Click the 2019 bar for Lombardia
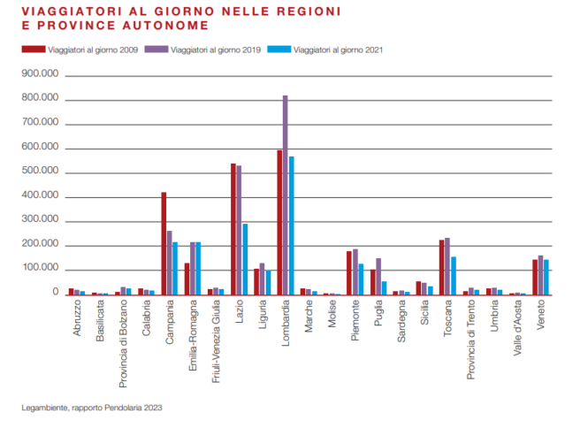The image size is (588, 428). tap(285, 195)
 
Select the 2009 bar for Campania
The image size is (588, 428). tap(164, 243)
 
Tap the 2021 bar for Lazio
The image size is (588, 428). tap(245, 259)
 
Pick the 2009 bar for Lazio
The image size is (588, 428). tap(233, 229)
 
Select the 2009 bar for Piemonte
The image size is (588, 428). tap(349, 272)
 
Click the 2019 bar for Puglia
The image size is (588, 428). tap(378, 276)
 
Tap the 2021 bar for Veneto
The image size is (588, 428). tap(546, 277)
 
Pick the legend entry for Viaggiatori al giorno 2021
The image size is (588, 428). tap(337, 50)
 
